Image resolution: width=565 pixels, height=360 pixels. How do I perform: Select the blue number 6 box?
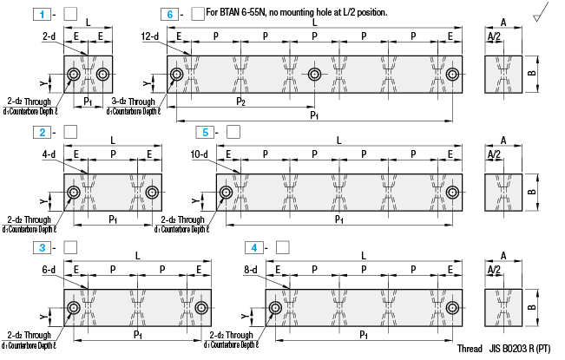coord(170,14)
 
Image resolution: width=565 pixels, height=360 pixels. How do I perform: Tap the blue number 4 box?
coord(252,247)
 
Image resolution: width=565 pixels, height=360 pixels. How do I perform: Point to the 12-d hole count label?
coord(151,36)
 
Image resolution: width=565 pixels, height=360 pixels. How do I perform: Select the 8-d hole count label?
coord(251,270)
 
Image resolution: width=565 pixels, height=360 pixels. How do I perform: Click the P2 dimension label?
coord(240,101)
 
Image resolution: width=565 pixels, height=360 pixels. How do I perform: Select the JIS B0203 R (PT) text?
coord(519,349)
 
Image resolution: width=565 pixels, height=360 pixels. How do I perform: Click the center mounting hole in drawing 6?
coord(314,75)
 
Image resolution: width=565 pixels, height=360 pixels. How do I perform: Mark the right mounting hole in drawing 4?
coord(452,308)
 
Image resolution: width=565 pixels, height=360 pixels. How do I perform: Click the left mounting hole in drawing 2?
coord(74,192)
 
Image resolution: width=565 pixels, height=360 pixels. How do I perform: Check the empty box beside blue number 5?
coord(233,131)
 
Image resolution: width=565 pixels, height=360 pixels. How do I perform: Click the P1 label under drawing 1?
coord(88,101)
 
